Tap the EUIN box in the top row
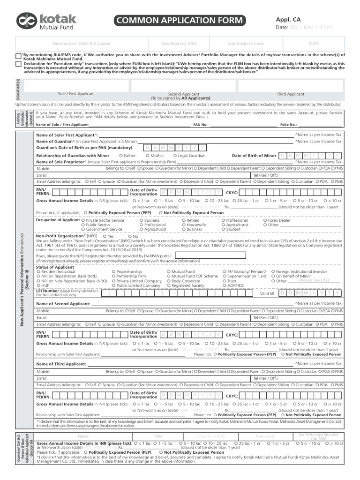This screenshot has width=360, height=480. (x=314, y=43)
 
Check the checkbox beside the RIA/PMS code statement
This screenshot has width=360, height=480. (x=18, y=56)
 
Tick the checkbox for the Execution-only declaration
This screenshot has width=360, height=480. (x=18, y=63)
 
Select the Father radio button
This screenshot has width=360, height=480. (x=121, y=156)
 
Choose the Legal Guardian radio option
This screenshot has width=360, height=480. (x=175, y=156)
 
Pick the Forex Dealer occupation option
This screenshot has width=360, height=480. (x=265, y=220)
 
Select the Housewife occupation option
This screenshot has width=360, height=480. (x=183, y=225)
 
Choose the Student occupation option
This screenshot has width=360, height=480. (x=223, y=230)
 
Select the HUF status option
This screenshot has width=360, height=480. (x=39, y=285)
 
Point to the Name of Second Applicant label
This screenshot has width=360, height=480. (x=63, y=304)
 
